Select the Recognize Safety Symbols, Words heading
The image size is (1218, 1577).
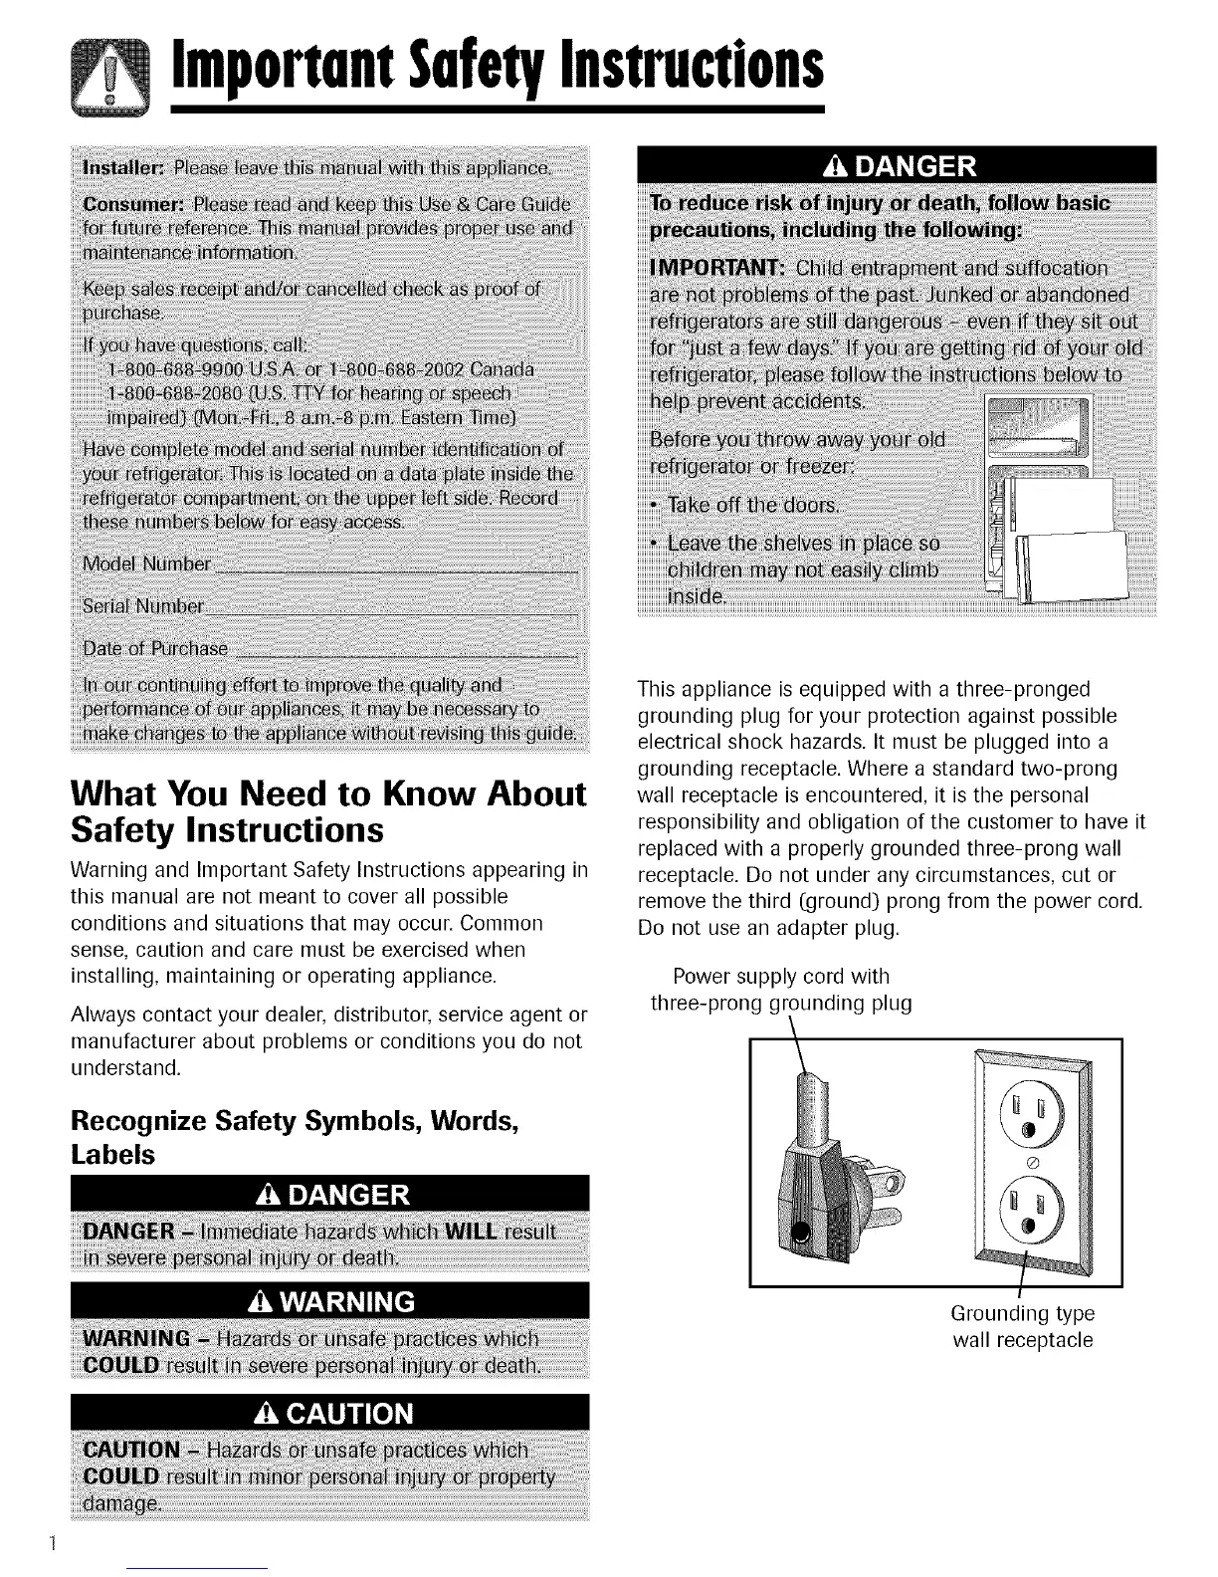tap(294, 1120)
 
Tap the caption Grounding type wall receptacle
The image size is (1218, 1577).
tap(1022, 1327)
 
